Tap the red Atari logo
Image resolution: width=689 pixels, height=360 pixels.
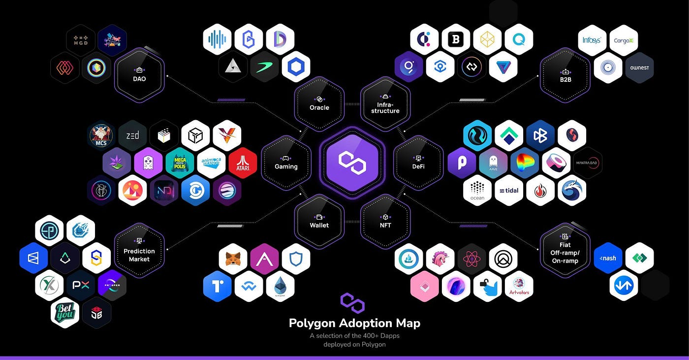tap(243, 163)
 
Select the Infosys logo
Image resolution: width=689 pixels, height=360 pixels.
tap(592, 40)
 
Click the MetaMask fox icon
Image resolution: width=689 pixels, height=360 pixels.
tap(233, 258)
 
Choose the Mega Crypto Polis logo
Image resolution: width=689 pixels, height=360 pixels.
tap(180, 163)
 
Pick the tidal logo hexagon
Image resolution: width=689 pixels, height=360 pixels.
tap(509, 191)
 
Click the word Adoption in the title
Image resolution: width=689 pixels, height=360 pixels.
tap(368, 324)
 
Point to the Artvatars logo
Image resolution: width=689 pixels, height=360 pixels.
tap(518, 286)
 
